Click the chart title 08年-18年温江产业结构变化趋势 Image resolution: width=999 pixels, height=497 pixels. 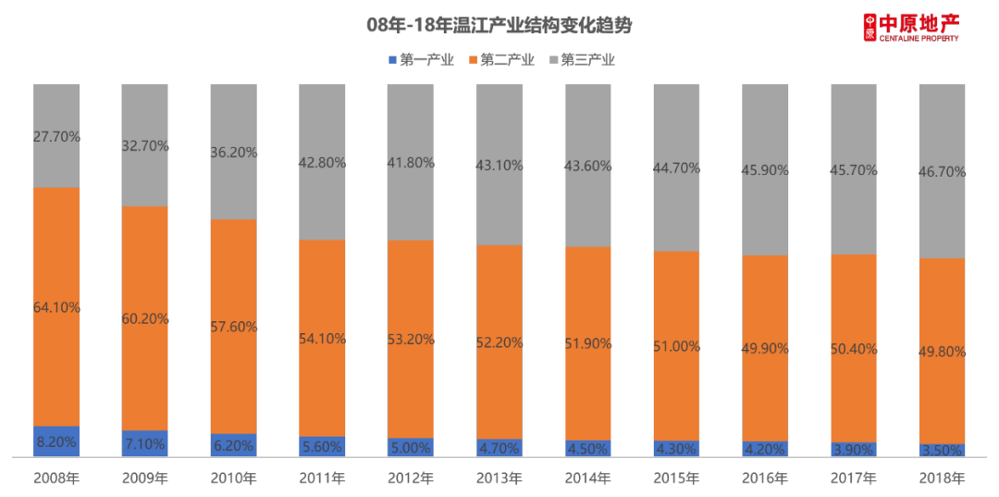[499, 26]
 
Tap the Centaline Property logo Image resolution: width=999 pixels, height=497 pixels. [911, 27]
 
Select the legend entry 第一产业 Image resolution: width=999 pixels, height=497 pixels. [421, 60]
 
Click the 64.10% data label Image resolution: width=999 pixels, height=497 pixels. [56, 307]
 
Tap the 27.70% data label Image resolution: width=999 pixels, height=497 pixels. [56, 136]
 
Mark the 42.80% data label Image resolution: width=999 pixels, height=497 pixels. [322, 163]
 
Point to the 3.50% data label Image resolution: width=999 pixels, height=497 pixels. [942, 450]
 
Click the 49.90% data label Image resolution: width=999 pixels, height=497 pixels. [765, 348]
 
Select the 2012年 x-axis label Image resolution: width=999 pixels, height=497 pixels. [410, 478]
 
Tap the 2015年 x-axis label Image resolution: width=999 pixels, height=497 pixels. [676, 478]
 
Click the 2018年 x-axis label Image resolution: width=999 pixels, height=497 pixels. [942, 478]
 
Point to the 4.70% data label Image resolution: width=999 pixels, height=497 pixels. [499, 447]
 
